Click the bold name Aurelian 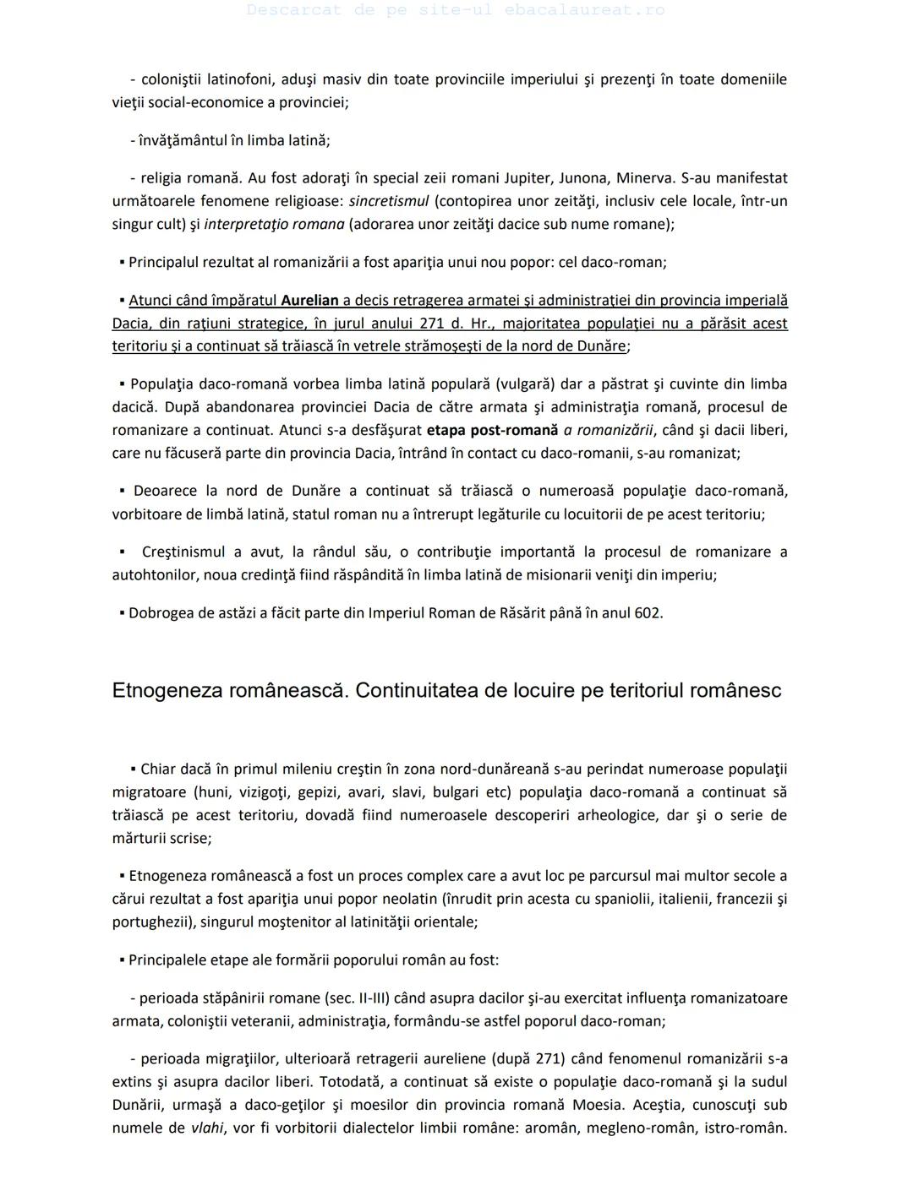tap(309, 300)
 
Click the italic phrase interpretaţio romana tap(274, 224)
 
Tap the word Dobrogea tap(160, 612)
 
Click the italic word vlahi tap(207, 1127)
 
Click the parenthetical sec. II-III tap(356, 997)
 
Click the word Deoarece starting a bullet tap(165, 490)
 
